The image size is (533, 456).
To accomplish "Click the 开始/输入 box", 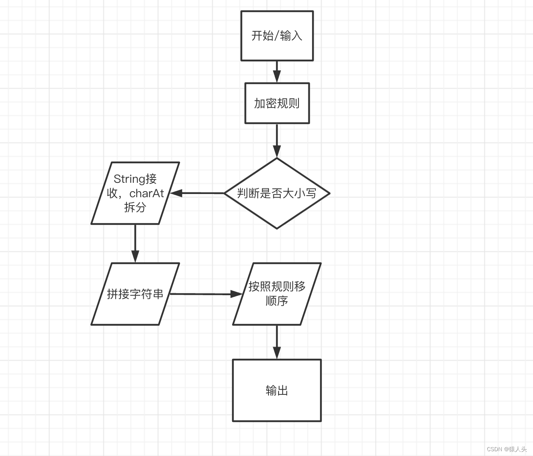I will pyautogui.click(x=277, y=36).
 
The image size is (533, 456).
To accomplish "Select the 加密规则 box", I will pyautogui.click(x=277, y=103).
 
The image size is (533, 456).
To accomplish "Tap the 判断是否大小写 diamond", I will pyautogui.click(x=277, y=193).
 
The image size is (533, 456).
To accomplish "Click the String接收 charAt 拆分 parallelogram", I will pyautogui.click(x=135, y=193).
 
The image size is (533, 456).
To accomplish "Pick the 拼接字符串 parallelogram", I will pyautogui.click(x=135, y=294).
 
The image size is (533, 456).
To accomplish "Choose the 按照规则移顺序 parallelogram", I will pyautogui.click(x=277, y=294).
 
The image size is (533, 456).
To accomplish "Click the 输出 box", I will pyautogui.click(x=277, y=390).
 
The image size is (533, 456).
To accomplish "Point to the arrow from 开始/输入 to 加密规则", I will pyautogui.click(x=277, y=72).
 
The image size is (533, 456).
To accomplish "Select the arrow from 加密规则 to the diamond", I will pyautogui.click(x=277, y=140).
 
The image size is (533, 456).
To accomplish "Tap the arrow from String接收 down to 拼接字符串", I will pyautogui.click(x=135, y=243).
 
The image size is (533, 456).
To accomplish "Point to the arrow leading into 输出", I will pyautogui.click(x=277, y=342).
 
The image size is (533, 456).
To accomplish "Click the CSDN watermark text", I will pyautogui.click(x=507, y=449).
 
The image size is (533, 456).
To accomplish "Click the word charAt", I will pyautogui.click(x=146, y=194).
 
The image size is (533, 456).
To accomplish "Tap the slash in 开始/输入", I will pyautogui.click(x=277, y=36).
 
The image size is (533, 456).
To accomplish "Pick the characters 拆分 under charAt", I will pyautogui.click(x=135, y=207).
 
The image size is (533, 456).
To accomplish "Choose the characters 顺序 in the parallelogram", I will pyautogui.click(x=277, y=301).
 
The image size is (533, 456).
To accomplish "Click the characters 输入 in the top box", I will pyautogui.click(x=291, y=36).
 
